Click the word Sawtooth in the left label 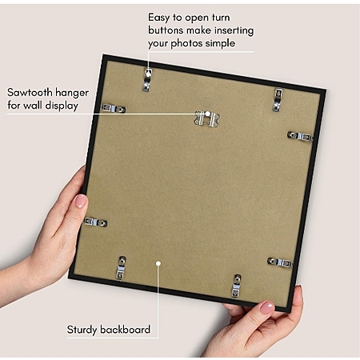coord(30,93)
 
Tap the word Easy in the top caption coord(158,18)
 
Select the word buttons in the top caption coord(166,30)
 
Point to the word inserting coord(234,30)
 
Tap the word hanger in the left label coord(72,93)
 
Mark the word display coord(61,106)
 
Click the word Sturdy coord(82,330)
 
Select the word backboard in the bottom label coord(125,330)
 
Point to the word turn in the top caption coord(221,18)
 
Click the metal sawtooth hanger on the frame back coord(207,118)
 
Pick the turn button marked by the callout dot coord(147,79)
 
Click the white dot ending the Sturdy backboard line coord(158,263)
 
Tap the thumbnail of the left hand coord(81,202)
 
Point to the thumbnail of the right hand coord(266,308)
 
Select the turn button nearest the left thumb coord(95,222)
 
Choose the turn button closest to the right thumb coord(236,286)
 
